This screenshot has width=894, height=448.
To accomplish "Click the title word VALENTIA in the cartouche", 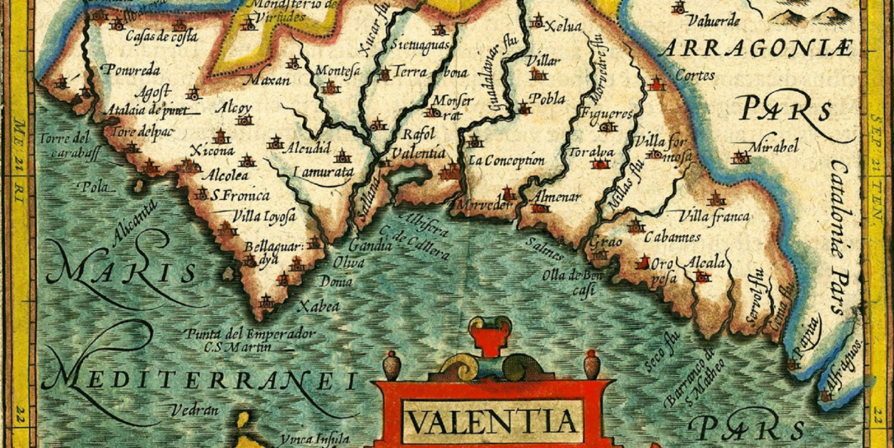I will tap(491, 422).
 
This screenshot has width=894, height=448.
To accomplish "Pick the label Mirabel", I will tap(774, 146).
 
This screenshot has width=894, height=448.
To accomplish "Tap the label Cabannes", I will tap(672, 237).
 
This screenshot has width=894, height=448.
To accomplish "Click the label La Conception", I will tap(506, 160).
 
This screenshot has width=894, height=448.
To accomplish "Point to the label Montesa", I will tap(338, 70).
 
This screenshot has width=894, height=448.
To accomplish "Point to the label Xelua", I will tap(563, 27).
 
